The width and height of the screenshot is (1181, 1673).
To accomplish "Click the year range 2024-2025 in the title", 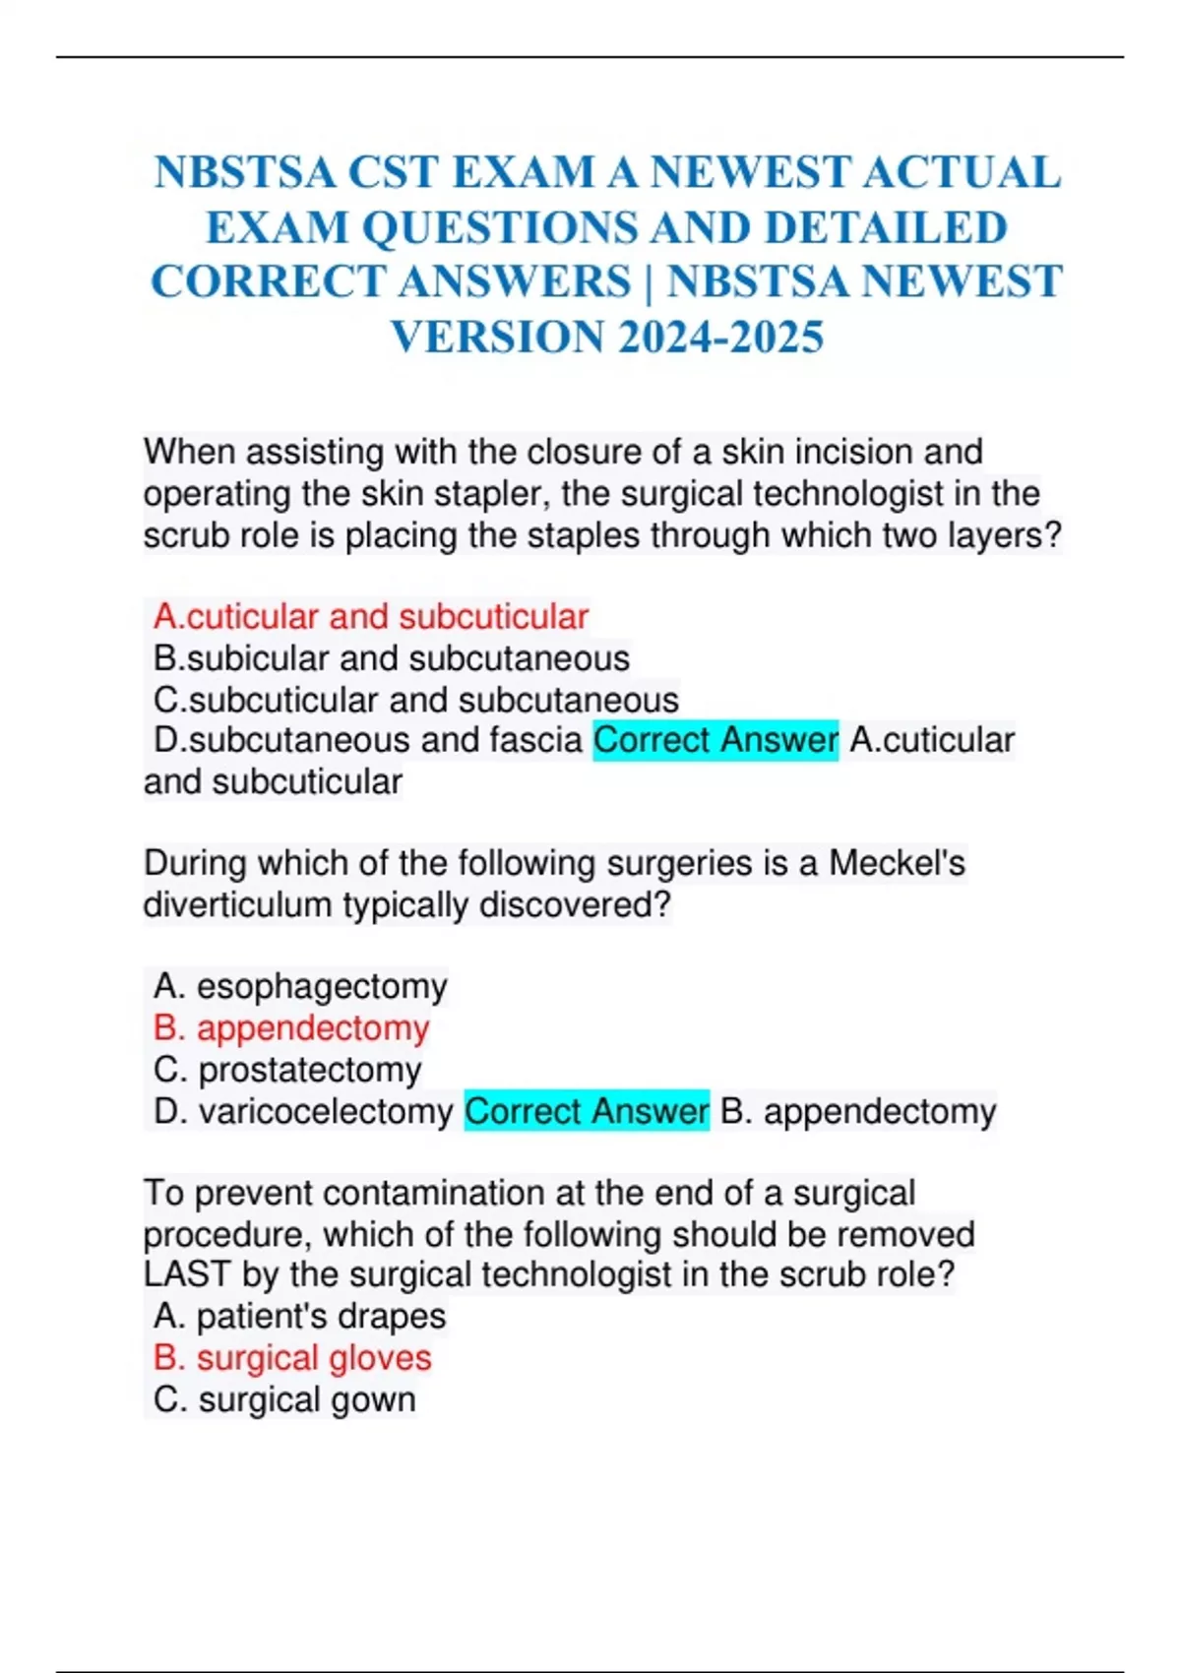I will (721, 338).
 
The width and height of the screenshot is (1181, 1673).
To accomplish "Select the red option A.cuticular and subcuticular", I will (370, 617).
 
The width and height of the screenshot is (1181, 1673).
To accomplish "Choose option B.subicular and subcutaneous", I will (391, 658).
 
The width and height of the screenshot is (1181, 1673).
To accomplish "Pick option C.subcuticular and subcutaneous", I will (415, 700).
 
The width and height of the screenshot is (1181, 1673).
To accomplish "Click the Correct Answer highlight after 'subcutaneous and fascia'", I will (715, 740).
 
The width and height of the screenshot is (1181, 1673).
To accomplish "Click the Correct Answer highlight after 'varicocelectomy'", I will (587, 1111).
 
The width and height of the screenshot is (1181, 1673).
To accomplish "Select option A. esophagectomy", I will (300, 986).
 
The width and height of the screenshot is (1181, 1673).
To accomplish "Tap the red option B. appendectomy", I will (291, 1027).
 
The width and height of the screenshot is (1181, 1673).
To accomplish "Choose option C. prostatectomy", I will (287, 1070).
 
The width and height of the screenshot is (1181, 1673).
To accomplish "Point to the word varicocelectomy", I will (326, 1111).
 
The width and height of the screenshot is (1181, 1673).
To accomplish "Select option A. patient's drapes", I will (299, 1316).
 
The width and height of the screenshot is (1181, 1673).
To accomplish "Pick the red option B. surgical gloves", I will (292, 1358).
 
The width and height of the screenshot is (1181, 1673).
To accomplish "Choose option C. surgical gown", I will (284, 1399).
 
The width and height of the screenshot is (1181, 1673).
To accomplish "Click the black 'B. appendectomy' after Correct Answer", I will (858, 1111).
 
